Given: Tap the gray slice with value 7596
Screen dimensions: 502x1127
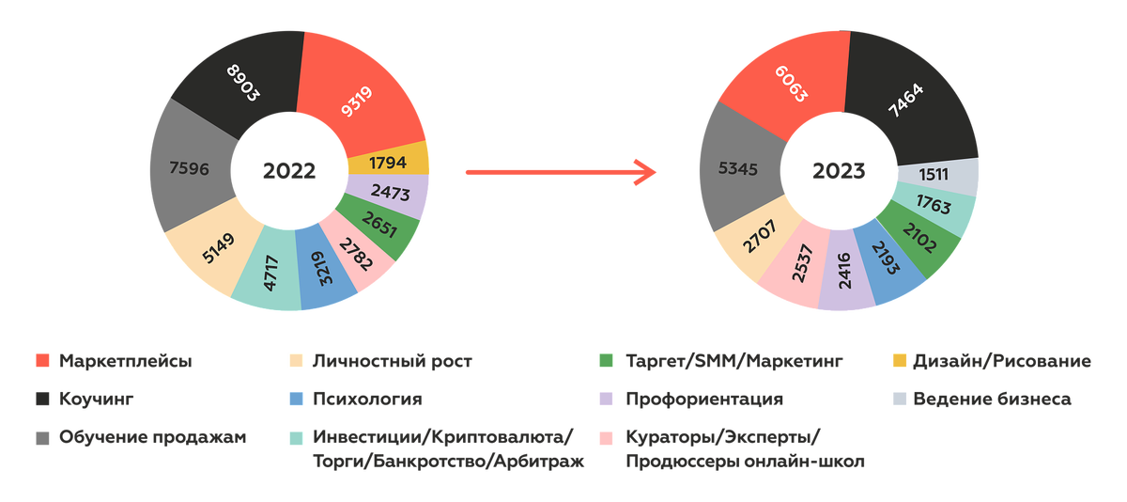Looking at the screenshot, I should point(190,169).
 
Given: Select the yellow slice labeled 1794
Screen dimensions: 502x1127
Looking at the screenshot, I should point(388,163).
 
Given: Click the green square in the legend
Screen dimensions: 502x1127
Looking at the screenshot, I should point(606,361).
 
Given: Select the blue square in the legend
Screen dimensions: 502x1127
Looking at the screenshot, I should point(297,399).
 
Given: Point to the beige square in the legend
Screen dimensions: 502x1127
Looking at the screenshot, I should point(297,361).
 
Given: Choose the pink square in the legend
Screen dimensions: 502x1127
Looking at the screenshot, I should point(606,437).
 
